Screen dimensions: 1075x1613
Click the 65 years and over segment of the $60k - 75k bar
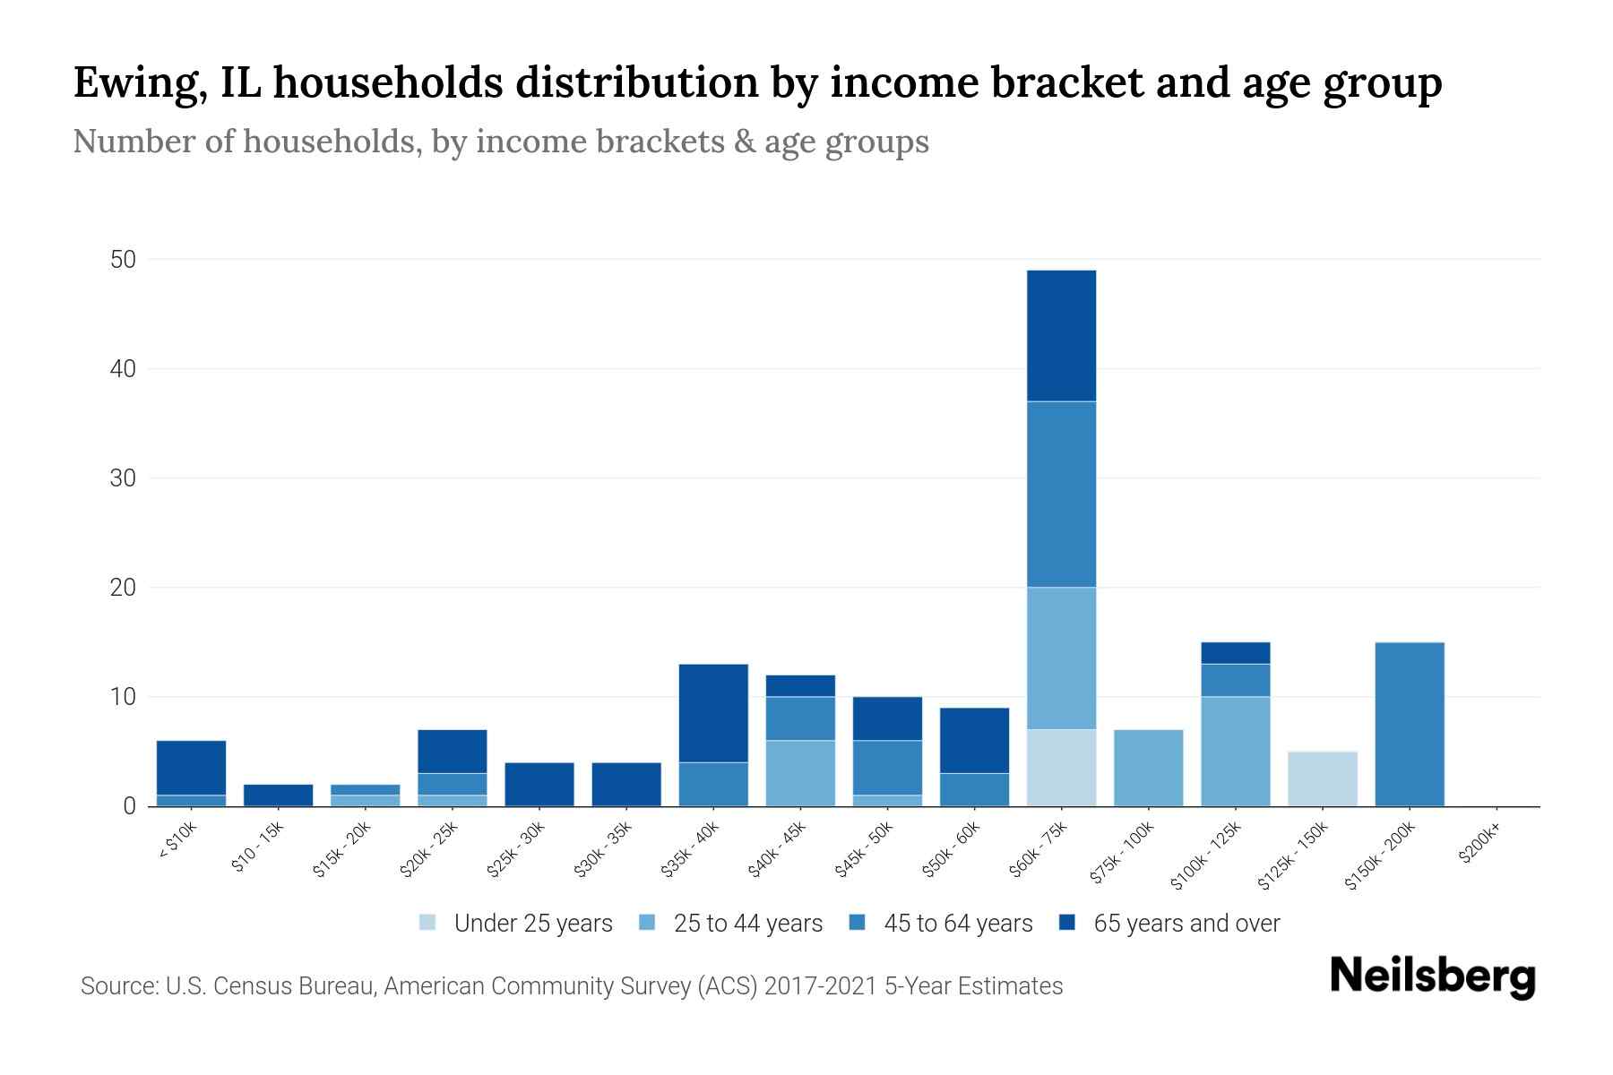(1061, 336)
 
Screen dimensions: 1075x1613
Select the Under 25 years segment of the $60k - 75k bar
(1061, 768)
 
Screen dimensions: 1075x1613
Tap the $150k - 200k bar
(1409, 724)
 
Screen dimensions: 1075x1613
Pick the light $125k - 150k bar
(1322, 778)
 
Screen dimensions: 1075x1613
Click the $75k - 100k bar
(1148, 768)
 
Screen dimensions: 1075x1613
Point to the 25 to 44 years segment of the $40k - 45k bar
(800, 773)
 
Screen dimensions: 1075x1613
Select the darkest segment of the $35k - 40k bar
(713, 713)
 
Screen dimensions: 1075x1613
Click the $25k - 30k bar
(539, 784)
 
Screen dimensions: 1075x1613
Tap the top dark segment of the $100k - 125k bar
(1235, 653)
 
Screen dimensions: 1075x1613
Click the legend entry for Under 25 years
(532, 924)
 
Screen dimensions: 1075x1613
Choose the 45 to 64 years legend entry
(957, 924)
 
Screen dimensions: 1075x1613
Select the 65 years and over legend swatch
(1067, 923)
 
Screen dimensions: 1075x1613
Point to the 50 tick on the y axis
(123, 260)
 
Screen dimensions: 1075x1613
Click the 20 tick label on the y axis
(123, 588)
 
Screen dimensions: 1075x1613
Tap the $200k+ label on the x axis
(1479, 846)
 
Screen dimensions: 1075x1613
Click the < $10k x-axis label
(177, 841)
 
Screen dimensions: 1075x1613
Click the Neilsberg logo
(1432, 976)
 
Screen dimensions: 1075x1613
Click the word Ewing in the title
(134, 83)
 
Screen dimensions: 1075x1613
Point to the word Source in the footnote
(116, 986)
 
